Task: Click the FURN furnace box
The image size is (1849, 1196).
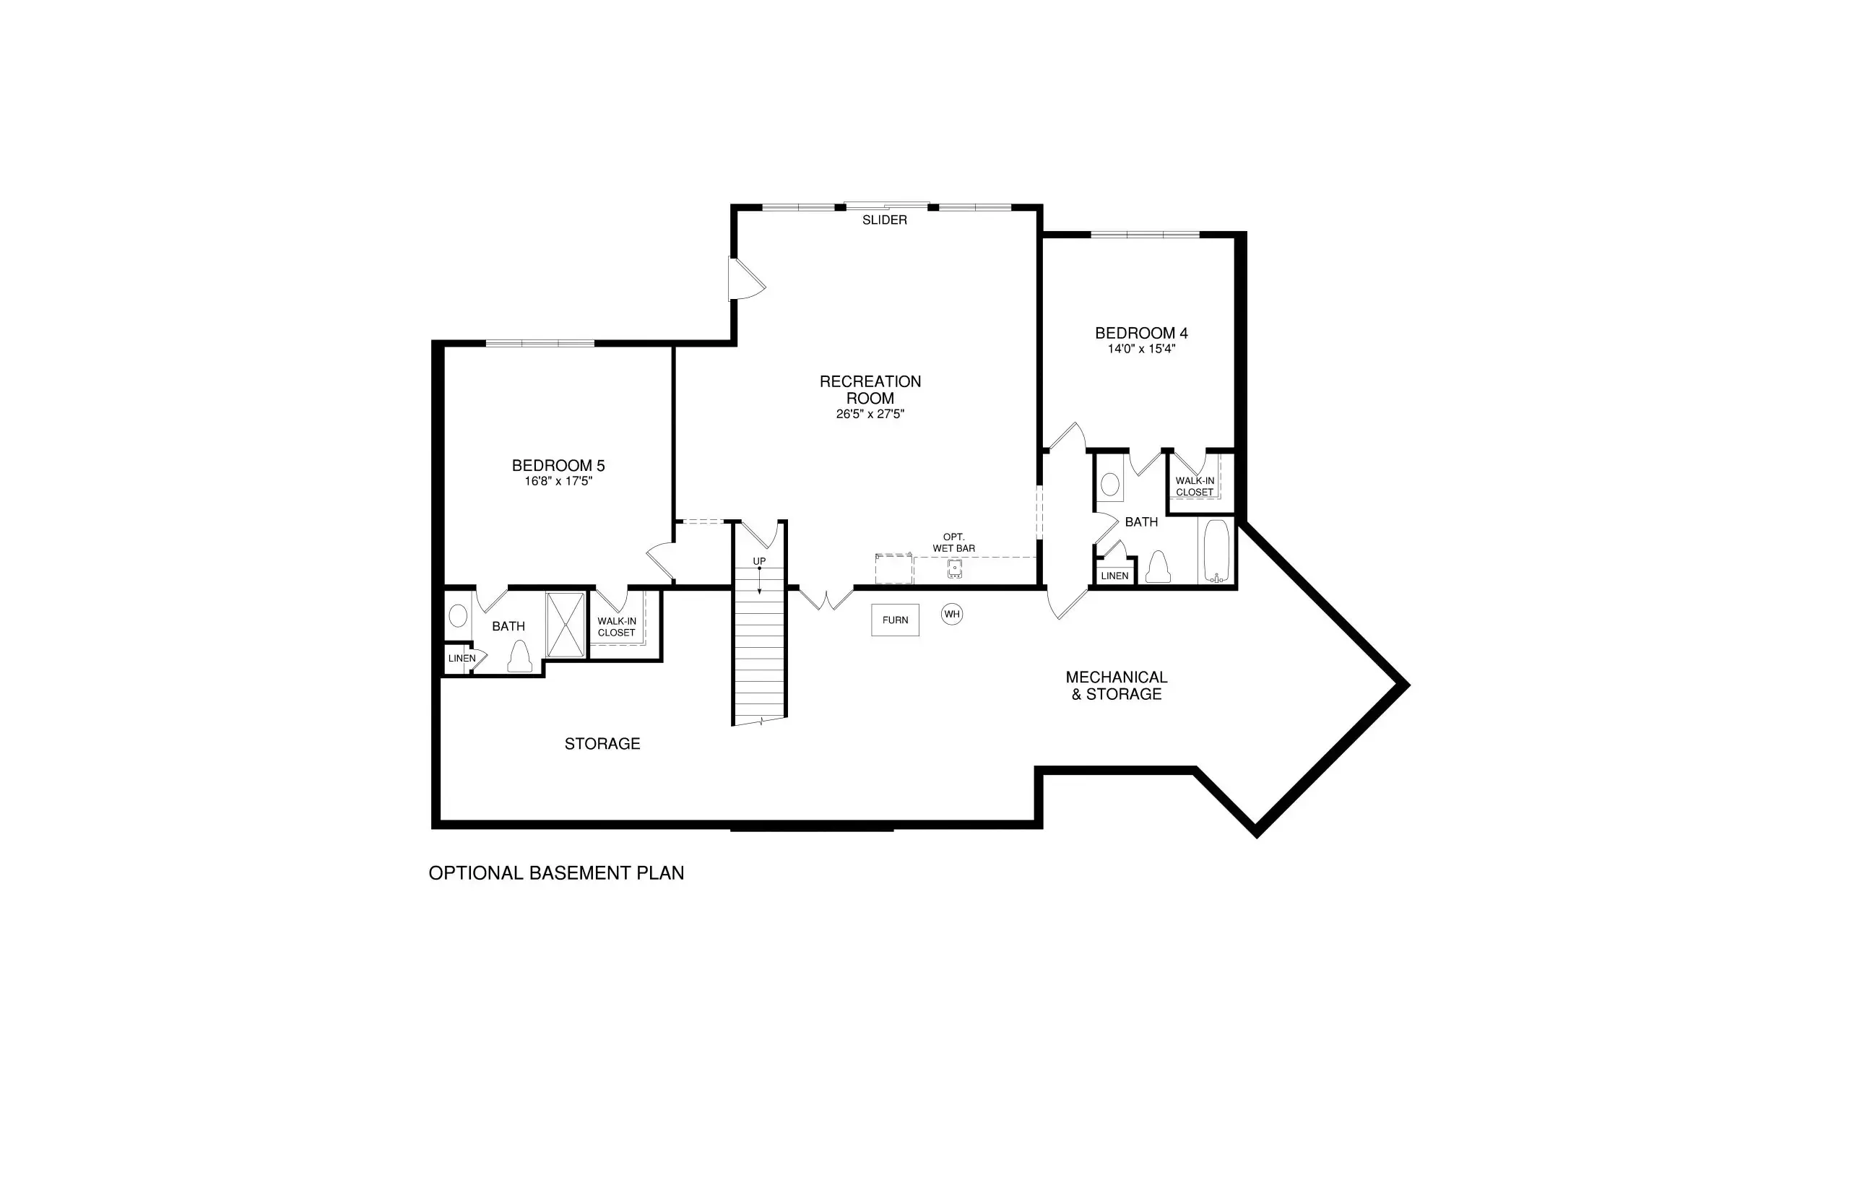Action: click(x=895, y=620)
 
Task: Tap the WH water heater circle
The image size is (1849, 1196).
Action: click(x=952, y=615)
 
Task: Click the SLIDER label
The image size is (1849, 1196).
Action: click(x=885, y=220)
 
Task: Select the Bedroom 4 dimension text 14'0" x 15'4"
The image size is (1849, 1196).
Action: click(x=1140, y=350)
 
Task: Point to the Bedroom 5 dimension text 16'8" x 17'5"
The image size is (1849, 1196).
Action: click(x=558, y=482)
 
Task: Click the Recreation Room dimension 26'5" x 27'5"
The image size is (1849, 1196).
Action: click(x=870, y=415)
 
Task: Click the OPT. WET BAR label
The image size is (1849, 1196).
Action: click(x=953, y=543)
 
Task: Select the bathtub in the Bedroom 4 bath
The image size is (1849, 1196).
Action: click(x=1216, y=551)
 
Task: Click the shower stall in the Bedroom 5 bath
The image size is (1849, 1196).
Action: click(x=566, y=625)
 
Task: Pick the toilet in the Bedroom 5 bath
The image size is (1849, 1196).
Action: click(x=519, y=657)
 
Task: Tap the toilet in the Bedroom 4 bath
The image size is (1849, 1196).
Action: click(x=1158, y=567)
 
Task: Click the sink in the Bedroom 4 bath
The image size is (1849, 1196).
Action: click(x=1111, y=485)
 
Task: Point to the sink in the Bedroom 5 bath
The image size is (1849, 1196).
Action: click(x=458, y=617)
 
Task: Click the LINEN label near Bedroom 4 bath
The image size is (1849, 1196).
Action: click(x=1114, y=576)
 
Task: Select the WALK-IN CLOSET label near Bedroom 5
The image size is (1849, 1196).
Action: click(x=617, y=628)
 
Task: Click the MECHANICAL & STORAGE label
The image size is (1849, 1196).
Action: click(x=1117, y=686)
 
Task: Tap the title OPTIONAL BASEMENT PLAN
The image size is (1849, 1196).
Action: click(x=556, y=873)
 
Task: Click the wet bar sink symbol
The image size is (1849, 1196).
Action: click(x=954, y=569)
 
